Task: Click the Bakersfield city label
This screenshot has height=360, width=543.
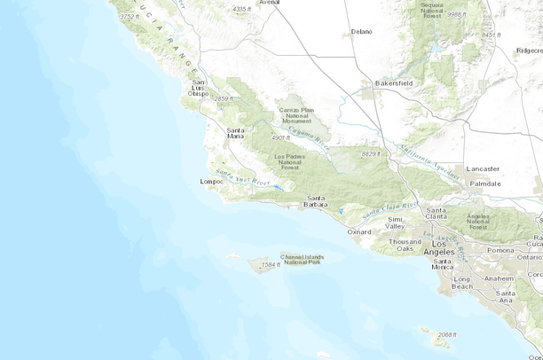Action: (393, 82)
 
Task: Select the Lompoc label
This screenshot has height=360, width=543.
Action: (212, 182)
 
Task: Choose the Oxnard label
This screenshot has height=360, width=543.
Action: (359, 231)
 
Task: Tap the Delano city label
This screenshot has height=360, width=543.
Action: (361, 31)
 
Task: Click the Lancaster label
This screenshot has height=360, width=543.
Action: (484, 168)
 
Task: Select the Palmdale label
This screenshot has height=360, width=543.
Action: (485, 184)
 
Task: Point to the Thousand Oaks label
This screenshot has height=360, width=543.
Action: (405, 246)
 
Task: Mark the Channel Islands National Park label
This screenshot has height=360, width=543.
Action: (303, 260)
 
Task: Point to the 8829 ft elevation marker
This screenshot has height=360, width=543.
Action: (370, 154)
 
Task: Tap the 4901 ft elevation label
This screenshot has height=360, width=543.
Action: (280, 137)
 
